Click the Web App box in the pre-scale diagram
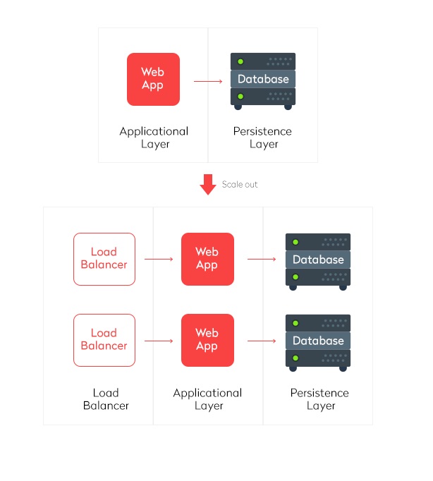pyautogui.click(x=153, y=79)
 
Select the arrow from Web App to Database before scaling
pyautogui.click(x=208, y=81)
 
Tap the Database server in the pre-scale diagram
pyautogui.click(x=263, y=80)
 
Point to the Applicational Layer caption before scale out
pyautogui.click(x=154, y=138)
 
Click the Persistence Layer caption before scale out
pyautogui.click(x=263, y=138)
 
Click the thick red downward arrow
pyautogui.click(x=208, y=184)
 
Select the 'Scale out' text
pyautogui.click(x=240, y=184)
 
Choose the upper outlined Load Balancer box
pyautogui.click(x=104, y=259)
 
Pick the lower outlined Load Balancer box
pyautogui.click(x=104, y=340)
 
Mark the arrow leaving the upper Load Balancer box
pyautogui.click(x=159, y=260)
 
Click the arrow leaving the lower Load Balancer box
pyautogui.click(x=159, y=341)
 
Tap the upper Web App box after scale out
pyautogui.click(x=207, y=259)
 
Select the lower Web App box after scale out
pyautogui.click(x=207, y=340)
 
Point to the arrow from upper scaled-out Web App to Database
pyautogui.click(x=262, y=260)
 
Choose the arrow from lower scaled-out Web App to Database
pyautogui.click(x=262, y=341)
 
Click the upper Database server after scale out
pyautogui.click(x=317, y=260)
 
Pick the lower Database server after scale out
pyautogui.click(x=317, y=341)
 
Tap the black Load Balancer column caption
pyautogui.click(x=105, y=399)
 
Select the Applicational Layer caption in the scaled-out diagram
pyautogui.click(x=207, y=399)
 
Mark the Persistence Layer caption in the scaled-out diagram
pyautogui.click(x=319, y=399)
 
